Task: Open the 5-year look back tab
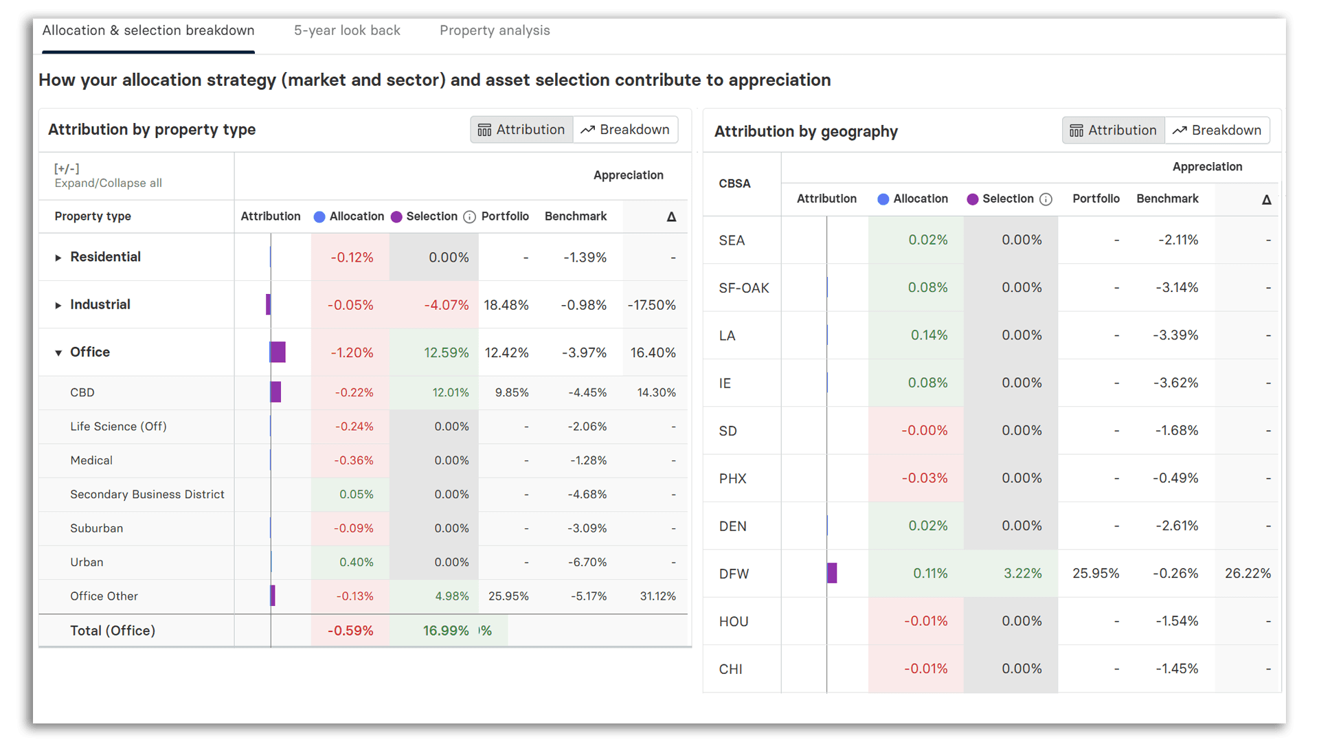tap(347, 30)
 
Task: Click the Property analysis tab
tap(495, 30)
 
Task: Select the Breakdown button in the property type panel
tap(625, 129)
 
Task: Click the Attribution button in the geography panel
tap(1113, 130)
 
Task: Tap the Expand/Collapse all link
tap(108, 183)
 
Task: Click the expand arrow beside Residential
tap(58, 258)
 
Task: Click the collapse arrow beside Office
tap(58, 352)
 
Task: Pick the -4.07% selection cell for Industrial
tap(446, 304)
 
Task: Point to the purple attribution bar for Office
tap(278, 352)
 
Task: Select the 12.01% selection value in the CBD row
tap(450, 392)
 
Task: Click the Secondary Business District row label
tap(147, 494)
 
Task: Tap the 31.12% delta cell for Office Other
tap(657, 596)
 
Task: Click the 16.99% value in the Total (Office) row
tap(445, 630)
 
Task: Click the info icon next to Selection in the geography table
tap(1046, 199)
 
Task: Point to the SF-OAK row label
tap(743, 288)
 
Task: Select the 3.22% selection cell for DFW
tap(1022, 573)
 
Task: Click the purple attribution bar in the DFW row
tap(832, 573)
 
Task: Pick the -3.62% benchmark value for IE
tap(1175, 383)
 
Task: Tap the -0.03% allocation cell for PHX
tap(924, 477)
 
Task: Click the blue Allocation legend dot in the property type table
tap(319, 217)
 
